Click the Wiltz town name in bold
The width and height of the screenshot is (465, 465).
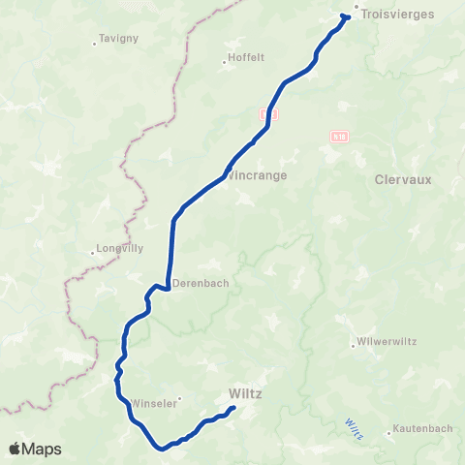(x=246, y=394)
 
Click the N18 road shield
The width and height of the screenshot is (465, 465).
(x=336, y=137)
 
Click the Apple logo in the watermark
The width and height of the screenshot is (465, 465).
(x=15, y=449)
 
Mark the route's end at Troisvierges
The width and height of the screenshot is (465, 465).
(x=344, y=16)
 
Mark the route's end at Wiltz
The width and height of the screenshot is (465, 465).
(x=233, y=411)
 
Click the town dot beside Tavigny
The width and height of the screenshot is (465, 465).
(x=93, y=42)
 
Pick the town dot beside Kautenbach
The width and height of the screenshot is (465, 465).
(x=388, y=433)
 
